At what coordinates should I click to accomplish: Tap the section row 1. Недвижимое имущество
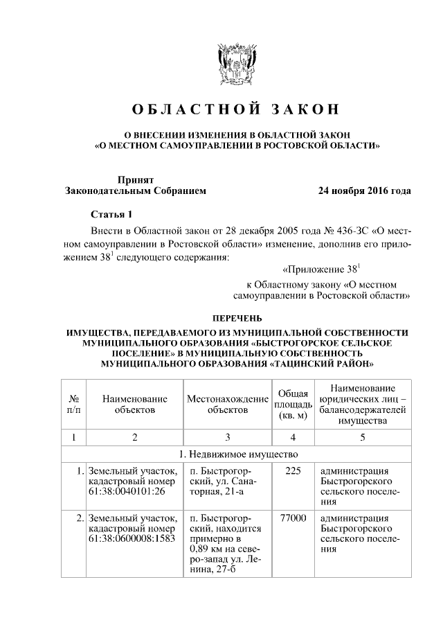(x=234, y=454)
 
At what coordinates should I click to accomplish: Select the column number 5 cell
(x=363, y=437)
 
